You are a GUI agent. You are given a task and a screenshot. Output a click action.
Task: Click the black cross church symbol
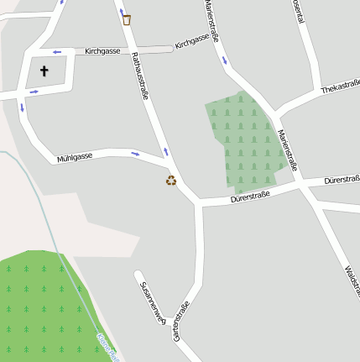coord(44,71)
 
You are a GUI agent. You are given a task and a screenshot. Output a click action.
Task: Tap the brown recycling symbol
coord(171,180)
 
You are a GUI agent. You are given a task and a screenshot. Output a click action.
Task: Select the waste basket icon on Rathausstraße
coord(127,19)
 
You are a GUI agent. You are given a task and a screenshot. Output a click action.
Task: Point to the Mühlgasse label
coord(74,157)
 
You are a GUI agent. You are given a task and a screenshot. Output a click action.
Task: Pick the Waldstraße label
coord(352,279)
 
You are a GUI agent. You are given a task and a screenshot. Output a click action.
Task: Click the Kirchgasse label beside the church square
coord(102,51)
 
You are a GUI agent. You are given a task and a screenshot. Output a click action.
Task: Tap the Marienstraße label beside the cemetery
coord(288,148)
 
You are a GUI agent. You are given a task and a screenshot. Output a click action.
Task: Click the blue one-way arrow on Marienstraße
coord(224,60)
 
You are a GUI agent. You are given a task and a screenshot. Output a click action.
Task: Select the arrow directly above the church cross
coord(57,52)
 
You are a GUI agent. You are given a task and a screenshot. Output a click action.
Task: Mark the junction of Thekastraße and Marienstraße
coord(278,112)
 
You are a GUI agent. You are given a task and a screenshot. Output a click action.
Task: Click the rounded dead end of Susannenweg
coord(138,274)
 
